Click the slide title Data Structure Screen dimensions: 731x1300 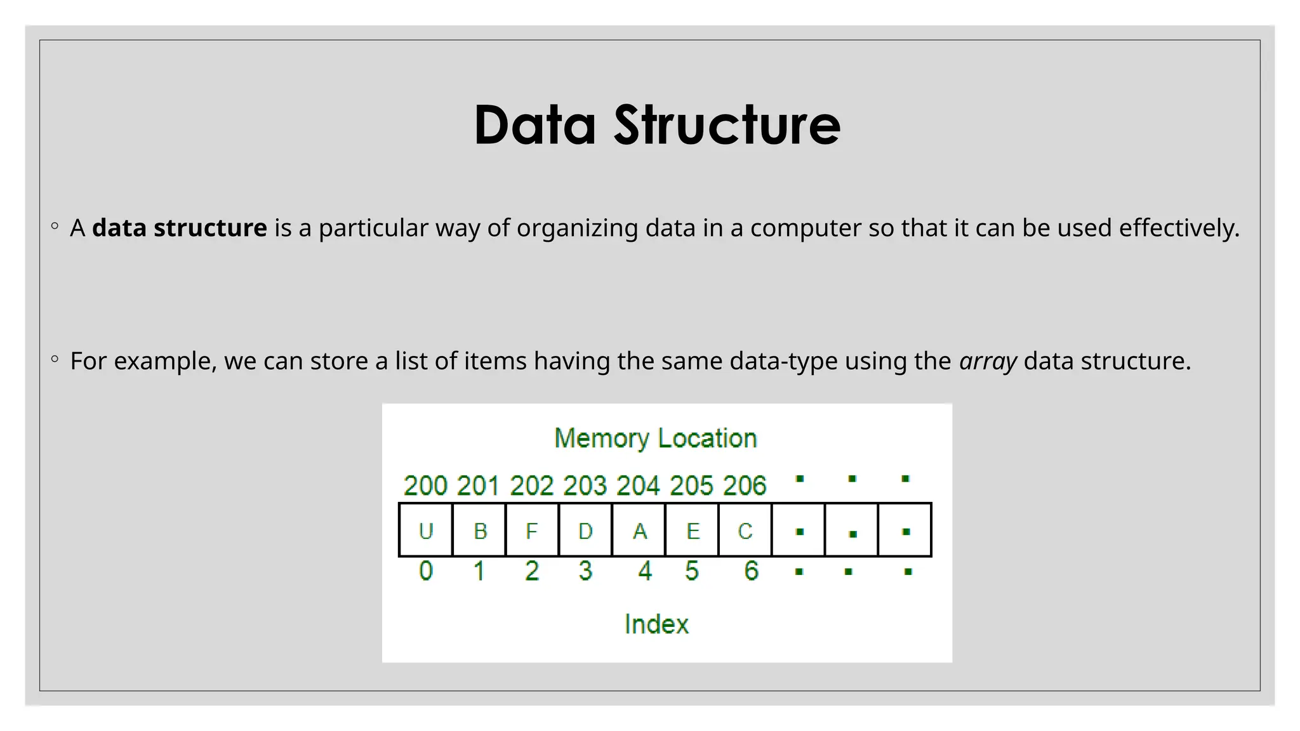pos(657,125)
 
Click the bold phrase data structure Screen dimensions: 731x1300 pos(180,228)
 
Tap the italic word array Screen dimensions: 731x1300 pos(988,361)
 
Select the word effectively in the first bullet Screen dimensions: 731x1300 pos(1179,228)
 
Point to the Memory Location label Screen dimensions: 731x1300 pos(656,438)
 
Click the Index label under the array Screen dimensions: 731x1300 pos(656,624)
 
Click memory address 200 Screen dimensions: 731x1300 pos(425,486)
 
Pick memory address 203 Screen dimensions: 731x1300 pos(585,486)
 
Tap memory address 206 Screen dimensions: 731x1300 pos(745,486)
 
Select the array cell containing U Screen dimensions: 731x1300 pos(426,530)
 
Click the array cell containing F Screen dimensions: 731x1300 pos(532,530)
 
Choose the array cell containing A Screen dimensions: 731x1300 pos(639,530)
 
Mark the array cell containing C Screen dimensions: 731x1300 pos(745,530)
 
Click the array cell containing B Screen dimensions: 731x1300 pos(480,530)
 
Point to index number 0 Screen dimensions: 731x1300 pos(426,571)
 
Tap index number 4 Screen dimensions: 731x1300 pos(645,571)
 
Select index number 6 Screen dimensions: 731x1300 pos(751,571)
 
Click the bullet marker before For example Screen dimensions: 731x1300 pos(55,359)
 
